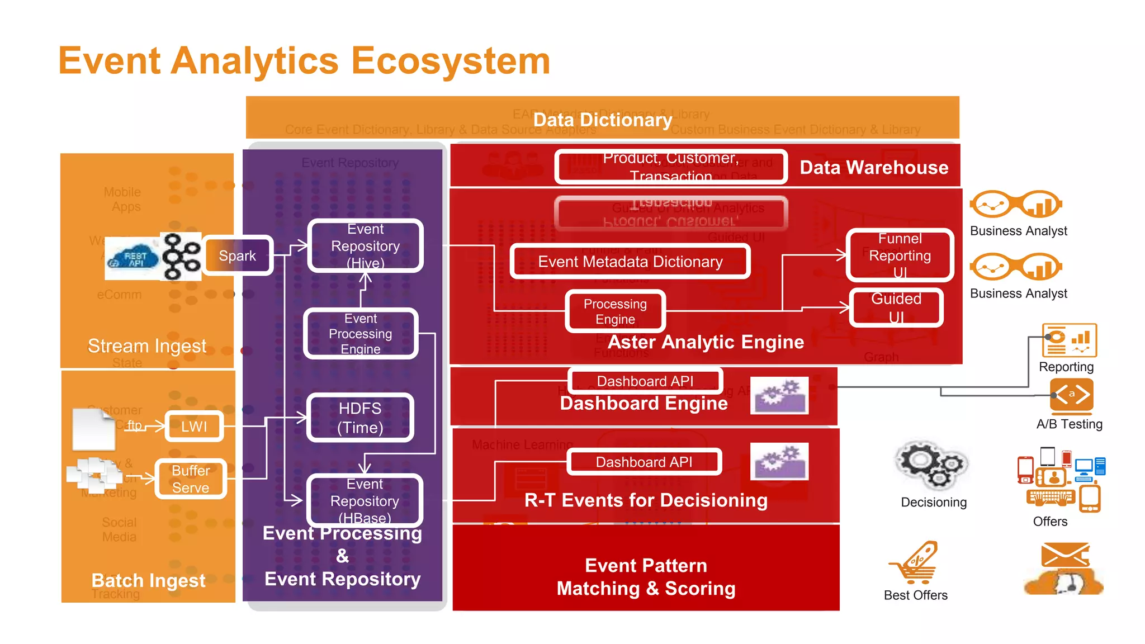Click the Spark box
tap(238, 255)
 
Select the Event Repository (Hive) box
tap(365, 246)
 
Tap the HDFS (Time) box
tap(360, 418)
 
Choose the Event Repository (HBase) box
tap(365, 500)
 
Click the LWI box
tap(194, 427)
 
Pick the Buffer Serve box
tap(191, 479)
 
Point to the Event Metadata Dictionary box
tap(630, 262)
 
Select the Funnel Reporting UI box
tap(900, 255)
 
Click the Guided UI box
tap(896, 307)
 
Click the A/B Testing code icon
tap(1071, 395)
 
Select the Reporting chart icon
tap(1069, 340)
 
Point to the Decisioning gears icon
tap(932, 465)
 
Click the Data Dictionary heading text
tap(603, 120)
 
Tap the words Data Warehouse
tap(874, 167)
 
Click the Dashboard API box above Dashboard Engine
tap(645, 381)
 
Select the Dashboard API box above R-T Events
tap(644, 462)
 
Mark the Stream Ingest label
tap(147, 345)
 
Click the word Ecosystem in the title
tap(450, 60)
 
